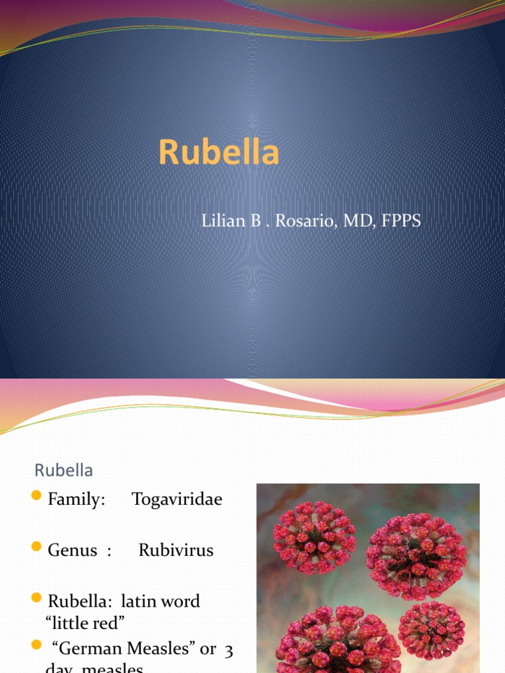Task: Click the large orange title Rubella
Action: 218,152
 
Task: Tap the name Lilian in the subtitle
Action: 223,221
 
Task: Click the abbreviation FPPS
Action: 400,221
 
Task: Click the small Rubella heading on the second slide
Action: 64,471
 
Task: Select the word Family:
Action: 76,499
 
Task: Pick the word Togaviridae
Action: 177,499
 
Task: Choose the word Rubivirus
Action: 176,550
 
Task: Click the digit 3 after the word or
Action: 229,649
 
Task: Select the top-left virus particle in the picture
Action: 314,537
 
